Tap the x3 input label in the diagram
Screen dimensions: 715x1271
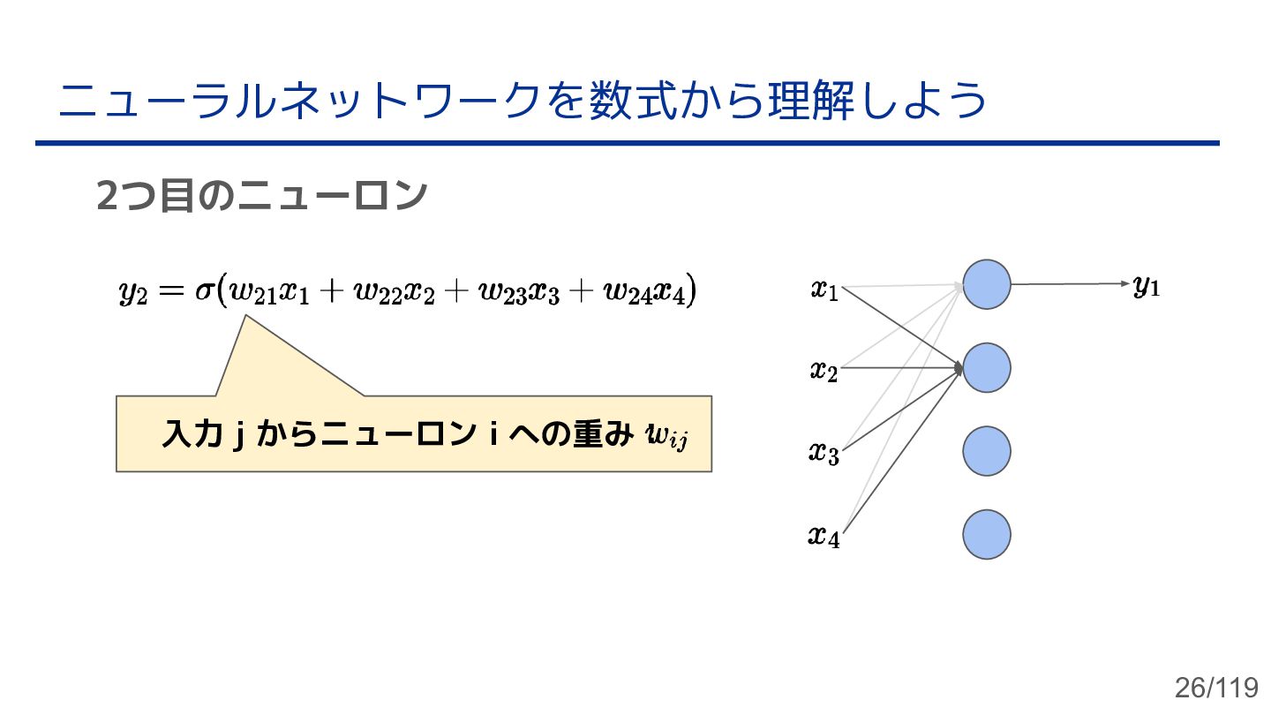point(824,454)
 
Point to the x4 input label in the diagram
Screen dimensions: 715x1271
point(824,536)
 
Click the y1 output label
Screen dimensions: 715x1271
point(1146,286)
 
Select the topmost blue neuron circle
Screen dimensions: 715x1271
point(986,284)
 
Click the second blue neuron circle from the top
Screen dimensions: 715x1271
point(986,368)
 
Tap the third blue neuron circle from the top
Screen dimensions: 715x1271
point(986,451)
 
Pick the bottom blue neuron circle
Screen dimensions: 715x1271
point(986,534)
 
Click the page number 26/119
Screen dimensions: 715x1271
point(1215,688)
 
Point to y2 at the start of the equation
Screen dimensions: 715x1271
point(132,292)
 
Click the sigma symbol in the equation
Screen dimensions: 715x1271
point(205,290)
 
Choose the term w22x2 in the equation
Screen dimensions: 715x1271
point(395,292)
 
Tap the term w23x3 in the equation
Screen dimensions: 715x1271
point(519,292)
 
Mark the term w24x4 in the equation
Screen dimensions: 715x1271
point(645,292)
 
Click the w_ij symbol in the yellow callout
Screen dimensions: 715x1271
point(666,436)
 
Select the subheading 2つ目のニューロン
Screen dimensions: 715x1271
point(261,196)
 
